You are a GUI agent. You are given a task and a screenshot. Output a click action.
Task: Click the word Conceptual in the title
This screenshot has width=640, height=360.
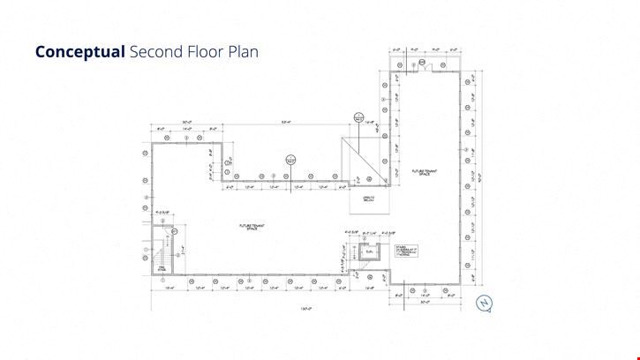pos(79,51)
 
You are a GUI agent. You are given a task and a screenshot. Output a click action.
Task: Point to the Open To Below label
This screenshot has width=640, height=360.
pos(369,198)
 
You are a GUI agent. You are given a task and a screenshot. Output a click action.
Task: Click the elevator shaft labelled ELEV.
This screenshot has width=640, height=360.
pos(356,251)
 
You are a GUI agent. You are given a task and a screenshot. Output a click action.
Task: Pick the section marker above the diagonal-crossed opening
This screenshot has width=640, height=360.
pos(359,116)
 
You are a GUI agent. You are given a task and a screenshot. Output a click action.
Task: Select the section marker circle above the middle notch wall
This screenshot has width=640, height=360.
pos(289,160)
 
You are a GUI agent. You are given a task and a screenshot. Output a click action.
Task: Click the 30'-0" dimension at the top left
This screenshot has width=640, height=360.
pos(187,123)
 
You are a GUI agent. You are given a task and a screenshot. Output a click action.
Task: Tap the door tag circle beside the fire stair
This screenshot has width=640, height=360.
pos(175,231)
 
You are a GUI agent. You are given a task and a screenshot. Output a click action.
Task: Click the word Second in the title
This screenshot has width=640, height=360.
pos(153,51)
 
